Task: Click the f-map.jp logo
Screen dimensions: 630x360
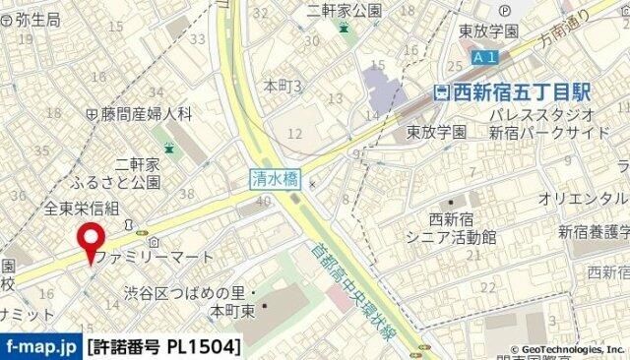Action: pyautogui.click(x=40, y=346)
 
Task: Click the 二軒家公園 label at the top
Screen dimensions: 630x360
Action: pyautogui.click(x=343, y=10)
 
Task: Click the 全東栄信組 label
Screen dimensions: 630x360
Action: pyautogui.click(x=81, y=208)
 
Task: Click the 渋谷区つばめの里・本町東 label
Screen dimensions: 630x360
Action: pyautogui.click(x=190, y=300)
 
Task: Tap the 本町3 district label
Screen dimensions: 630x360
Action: pyautogui.click(x=282, y=87)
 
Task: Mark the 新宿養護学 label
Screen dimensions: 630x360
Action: pyautogui.click(x=594, y=232)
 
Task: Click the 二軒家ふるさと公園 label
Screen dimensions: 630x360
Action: pyautogui.click(x=123, y=173)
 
